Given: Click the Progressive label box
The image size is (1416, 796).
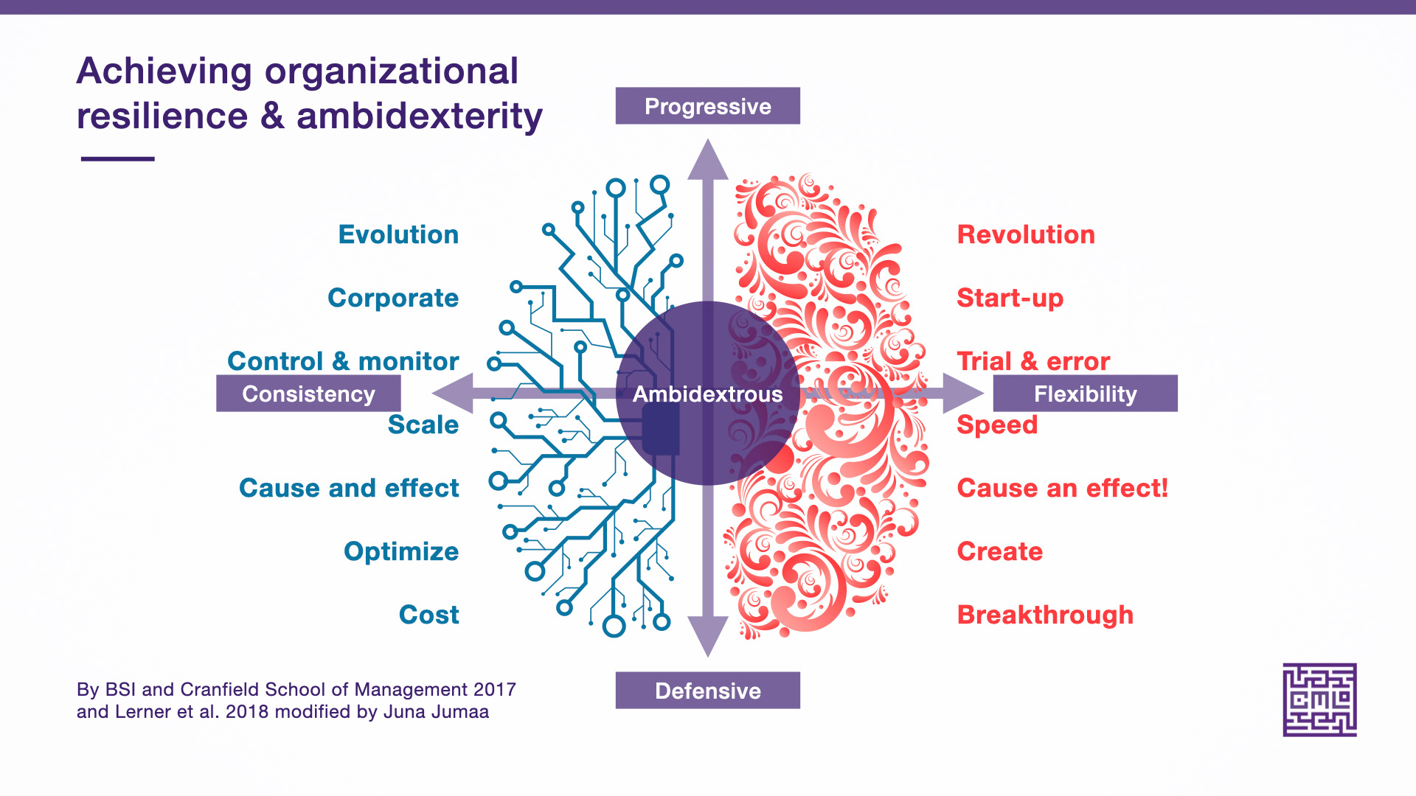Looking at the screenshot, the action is tap(708, 106).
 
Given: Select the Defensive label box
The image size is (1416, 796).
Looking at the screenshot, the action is tap(708, 691).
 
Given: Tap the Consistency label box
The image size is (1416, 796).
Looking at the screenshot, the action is tap(308, 394).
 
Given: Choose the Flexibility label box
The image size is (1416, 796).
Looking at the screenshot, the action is tap(1086, 394).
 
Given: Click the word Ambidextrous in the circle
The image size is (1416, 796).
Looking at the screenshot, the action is tap(708, 394).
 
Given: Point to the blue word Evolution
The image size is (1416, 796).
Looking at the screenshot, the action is tap(398, 234).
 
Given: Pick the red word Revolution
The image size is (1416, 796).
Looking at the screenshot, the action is tap(1026, 234).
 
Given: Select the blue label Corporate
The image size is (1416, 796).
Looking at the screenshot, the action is tap(393, 298).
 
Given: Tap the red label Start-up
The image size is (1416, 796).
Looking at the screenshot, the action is tap(1010, 298).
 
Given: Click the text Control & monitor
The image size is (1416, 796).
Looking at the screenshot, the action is tap(343, 361).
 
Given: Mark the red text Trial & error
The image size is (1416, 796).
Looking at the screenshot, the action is tap(1033, 361).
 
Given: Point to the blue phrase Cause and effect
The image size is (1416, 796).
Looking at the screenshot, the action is tap(349, 488).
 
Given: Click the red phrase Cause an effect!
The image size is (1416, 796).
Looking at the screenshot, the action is tap(1063, 488).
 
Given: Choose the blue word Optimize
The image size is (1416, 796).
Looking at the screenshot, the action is tap(401, 552).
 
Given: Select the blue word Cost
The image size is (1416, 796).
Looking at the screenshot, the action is tap(429, 615).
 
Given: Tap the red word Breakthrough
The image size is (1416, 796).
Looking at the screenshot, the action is tap(1045, 615).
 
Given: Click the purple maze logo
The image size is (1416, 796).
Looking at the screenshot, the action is tap(1320, 699).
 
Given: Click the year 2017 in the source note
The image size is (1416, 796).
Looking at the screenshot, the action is tap(495, 690).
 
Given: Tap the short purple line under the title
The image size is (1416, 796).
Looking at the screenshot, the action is tap(118, 158).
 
